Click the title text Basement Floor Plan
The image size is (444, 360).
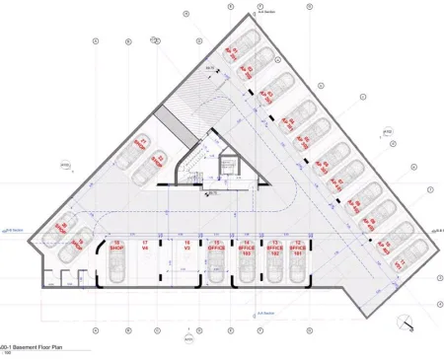[44, 348]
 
